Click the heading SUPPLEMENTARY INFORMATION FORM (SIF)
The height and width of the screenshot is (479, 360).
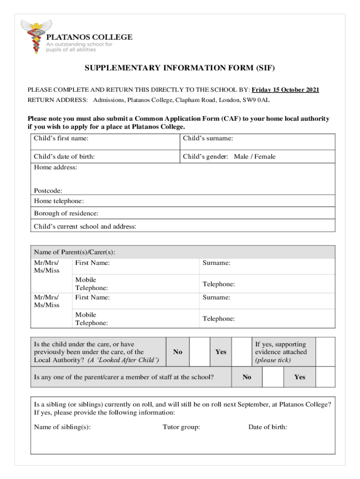(180, 68)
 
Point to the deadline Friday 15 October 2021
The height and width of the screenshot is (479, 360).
(286, 90)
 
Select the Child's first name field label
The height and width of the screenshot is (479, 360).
(61, 138)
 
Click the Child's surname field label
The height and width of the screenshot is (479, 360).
(208, 138)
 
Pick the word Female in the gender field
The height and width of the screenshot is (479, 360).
(265, 157)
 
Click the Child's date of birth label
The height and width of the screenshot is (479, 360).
(64, 157)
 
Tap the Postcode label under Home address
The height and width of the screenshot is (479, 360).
(48, 190)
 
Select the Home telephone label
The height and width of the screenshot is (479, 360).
(59, 201)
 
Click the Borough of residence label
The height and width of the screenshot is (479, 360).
(66, 213)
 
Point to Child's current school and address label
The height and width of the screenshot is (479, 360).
(85, 226)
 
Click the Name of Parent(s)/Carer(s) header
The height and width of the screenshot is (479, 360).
(74, 252)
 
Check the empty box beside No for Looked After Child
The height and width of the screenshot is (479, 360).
(199, 352)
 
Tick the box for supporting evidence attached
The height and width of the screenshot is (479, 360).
(325, 352)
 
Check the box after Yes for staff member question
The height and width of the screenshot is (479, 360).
(325, 377)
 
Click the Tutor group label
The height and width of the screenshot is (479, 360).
(181, 427)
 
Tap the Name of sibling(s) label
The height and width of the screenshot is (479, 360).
(62, 427)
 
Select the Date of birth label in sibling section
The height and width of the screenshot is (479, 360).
(267, 427)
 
